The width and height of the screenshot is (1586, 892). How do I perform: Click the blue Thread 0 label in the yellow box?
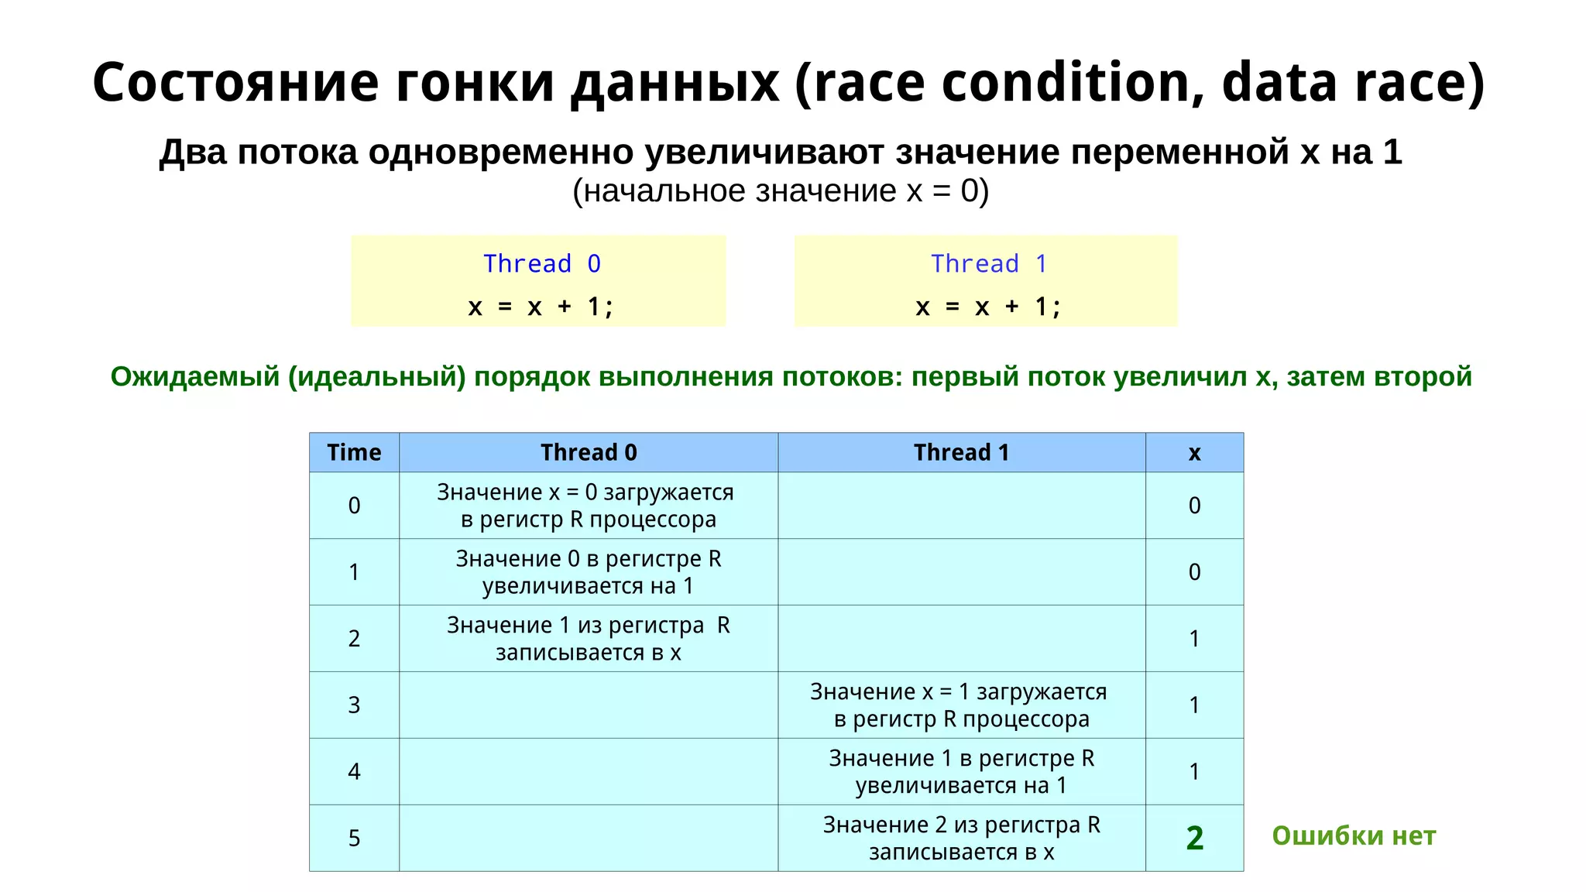tap(541, 264)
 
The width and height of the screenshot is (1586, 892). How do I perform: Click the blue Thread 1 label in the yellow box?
tap(988, 264)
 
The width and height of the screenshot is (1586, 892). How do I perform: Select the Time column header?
tap(354, 452)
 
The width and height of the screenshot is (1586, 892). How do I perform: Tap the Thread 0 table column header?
tap(589, 452)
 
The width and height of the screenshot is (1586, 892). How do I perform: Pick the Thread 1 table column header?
tap(961, 452)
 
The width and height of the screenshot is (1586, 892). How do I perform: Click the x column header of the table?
tap(1194, 452)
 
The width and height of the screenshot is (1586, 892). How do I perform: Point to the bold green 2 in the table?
tap(1194, 838)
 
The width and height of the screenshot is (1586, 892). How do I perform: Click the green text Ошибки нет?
tap(1354, 835)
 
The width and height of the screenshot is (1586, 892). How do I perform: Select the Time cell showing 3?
tap(354, 705)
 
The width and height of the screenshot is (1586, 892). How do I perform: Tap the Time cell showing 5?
tap(354, 838)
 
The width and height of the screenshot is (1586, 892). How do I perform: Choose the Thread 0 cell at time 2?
tap(589, 638)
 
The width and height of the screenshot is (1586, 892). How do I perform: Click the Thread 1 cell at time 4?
tap(961, 771)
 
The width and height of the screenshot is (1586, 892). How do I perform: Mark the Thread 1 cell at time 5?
tap(961, 838)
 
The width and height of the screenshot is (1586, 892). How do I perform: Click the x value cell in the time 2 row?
tap(1194, 638)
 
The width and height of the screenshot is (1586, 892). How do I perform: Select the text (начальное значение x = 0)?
tap(781, 190)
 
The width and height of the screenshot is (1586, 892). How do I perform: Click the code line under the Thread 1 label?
tap(988, 307)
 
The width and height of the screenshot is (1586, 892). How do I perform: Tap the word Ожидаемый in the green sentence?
tap(194, 376)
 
